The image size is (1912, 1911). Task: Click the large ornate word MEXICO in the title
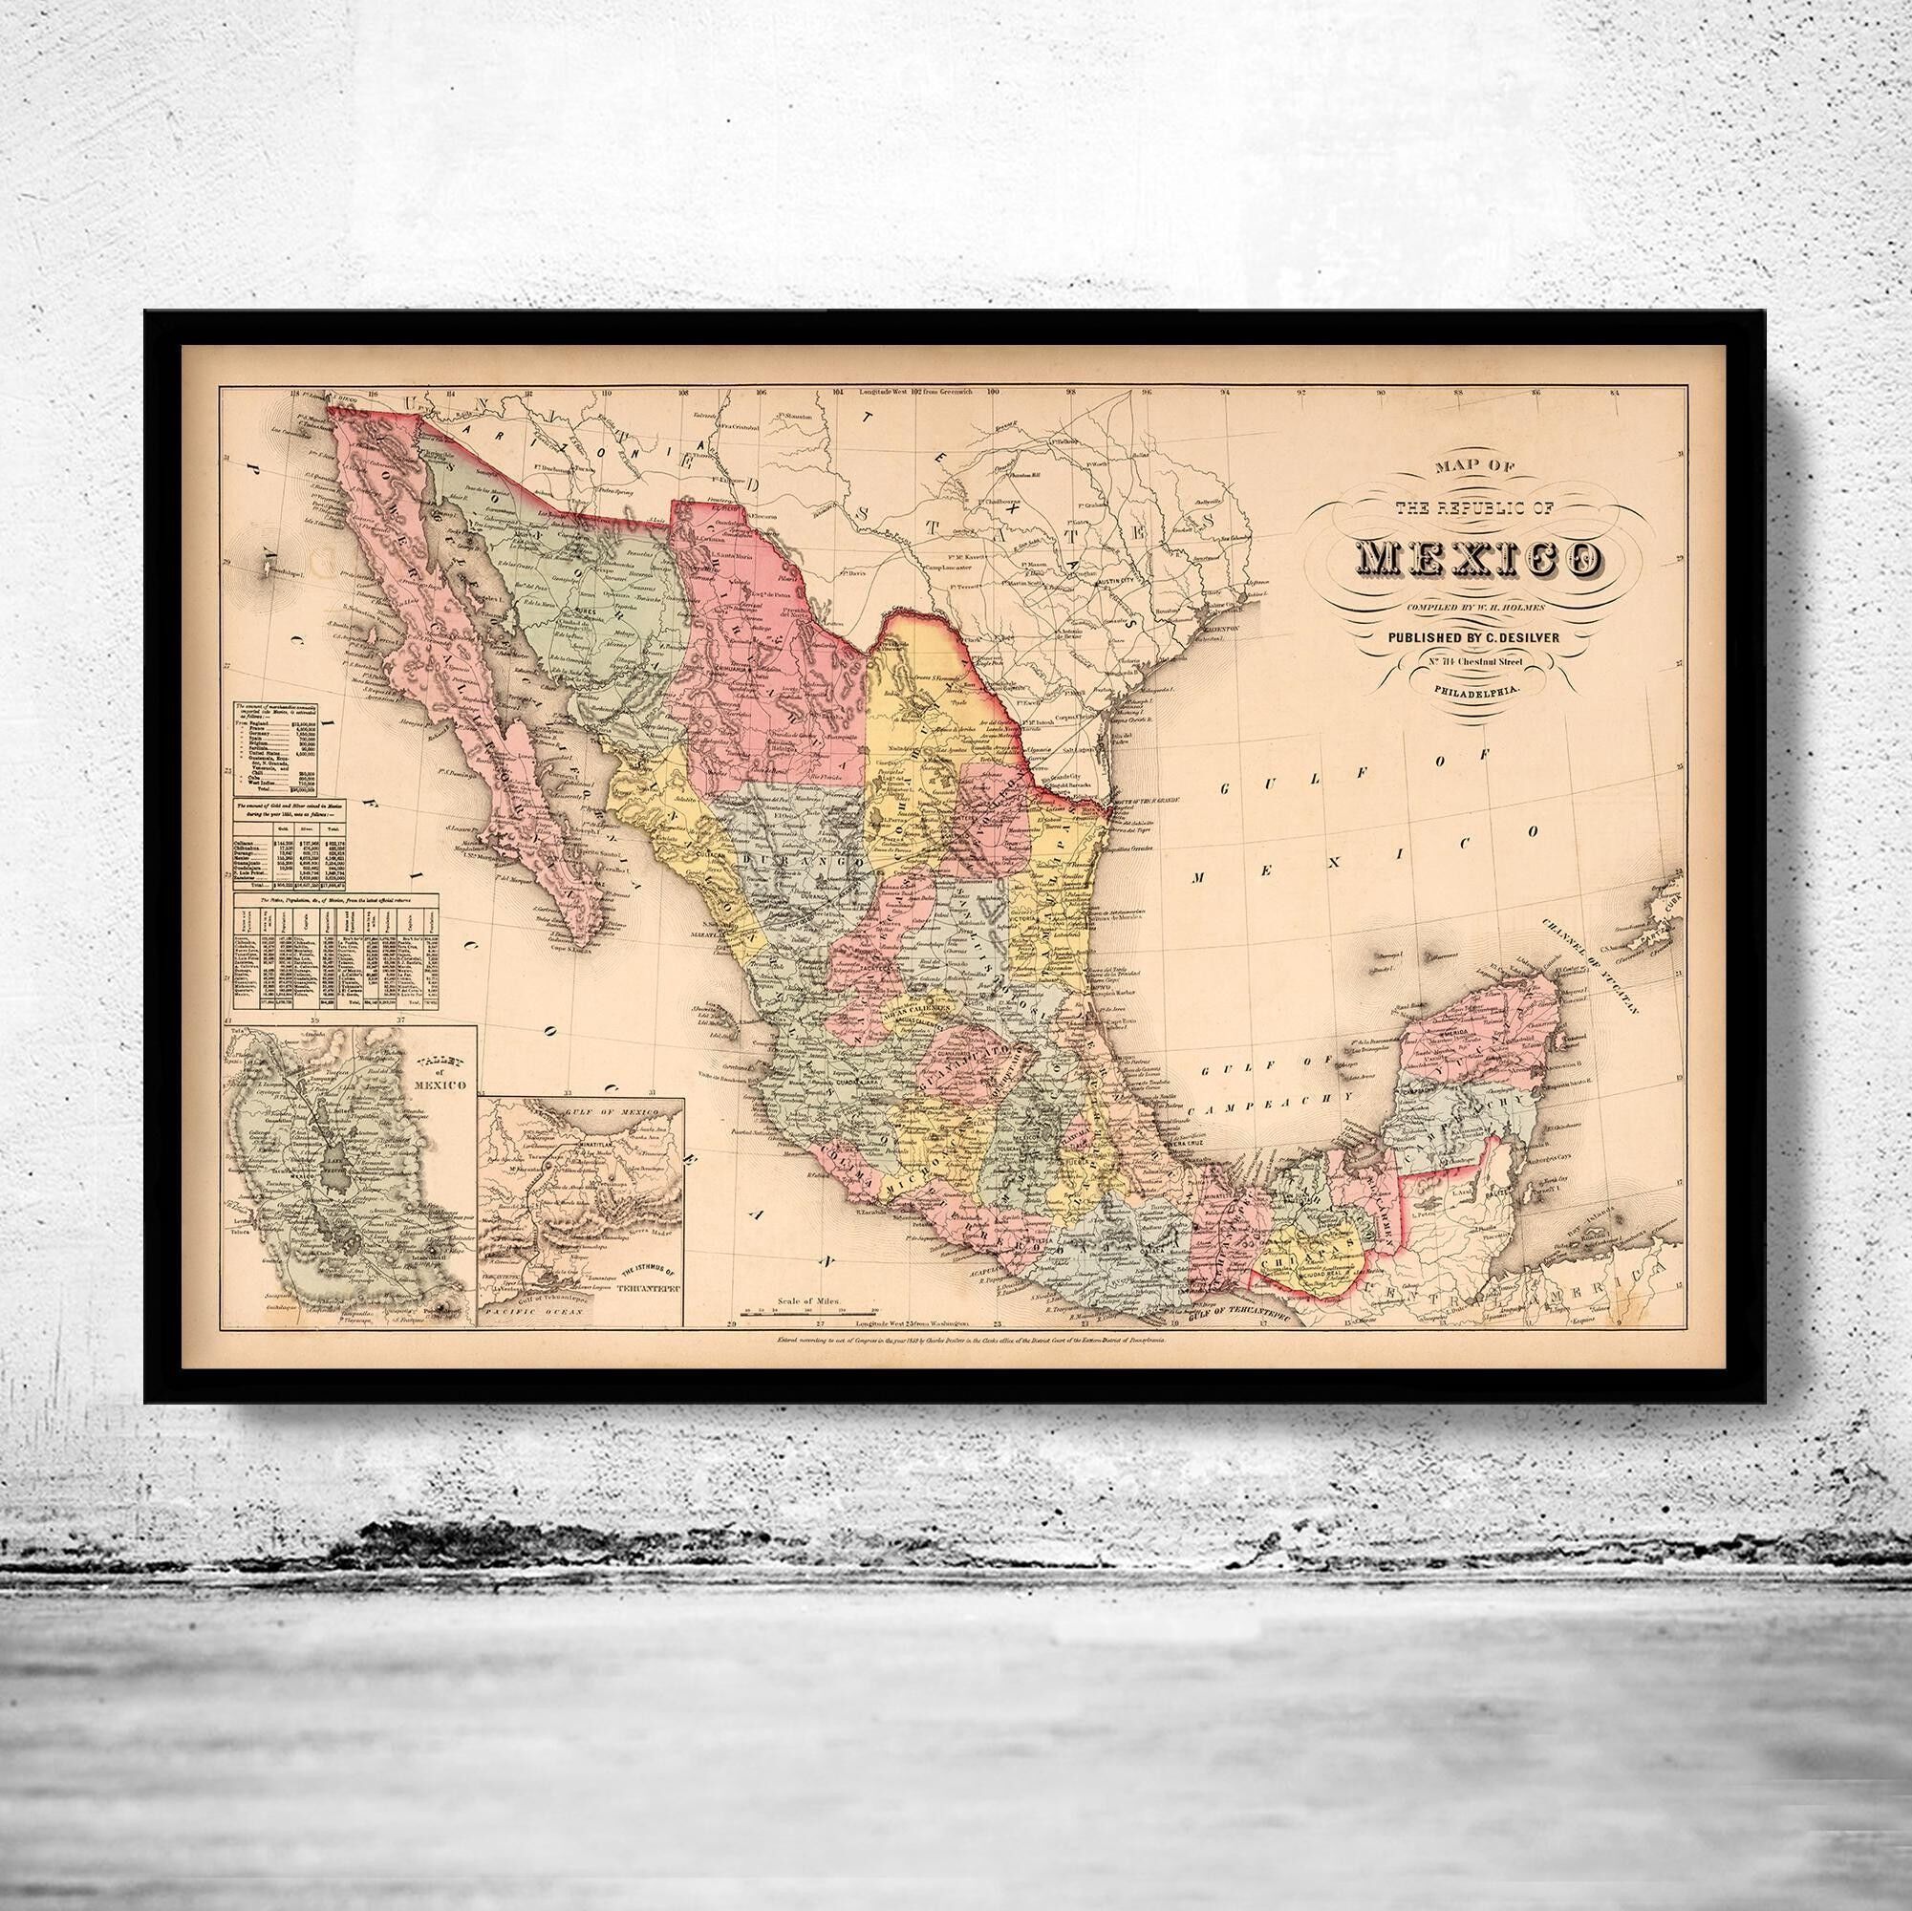pos(1474,558)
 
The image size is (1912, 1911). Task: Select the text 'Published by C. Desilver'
pos(1473,638)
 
